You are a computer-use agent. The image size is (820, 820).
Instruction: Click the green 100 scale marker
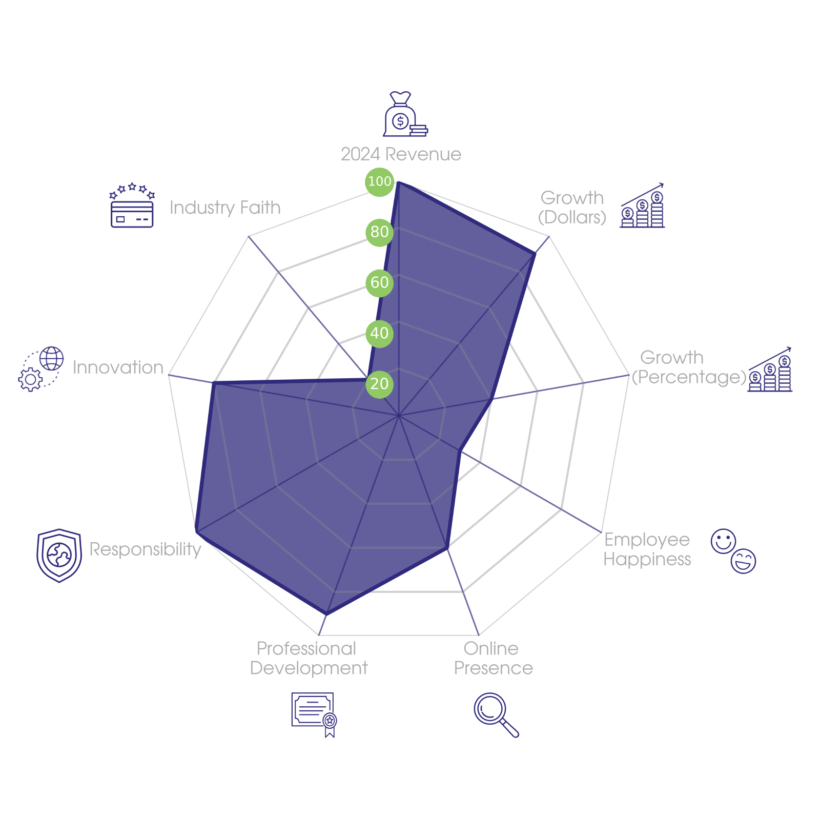379,181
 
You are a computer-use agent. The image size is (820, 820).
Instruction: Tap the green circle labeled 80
379,232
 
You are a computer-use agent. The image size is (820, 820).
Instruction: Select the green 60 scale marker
379,282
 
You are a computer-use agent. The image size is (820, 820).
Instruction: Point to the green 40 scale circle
379,333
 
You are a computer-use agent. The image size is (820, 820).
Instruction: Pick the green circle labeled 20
379,383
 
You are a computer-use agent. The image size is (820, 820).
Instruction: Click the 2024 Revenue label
401,154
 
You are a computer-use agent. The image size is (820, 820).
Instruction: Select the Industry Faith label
225,208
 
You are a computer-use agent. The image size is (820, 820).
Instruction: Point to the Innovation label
118,367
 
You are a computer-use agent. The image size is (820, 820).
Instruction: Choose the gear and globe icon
41,369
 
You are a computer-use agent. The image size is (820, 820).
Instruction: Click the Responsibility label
146,549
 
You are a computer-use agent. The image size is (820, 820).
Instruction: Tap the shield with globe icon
59,556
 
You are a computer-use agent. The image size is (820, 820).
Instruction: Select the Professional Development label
308,659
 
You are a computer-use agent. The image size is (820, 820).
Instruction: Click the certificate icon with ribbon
314,714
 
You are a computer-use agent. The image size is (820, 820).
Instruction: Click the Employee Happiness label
647,549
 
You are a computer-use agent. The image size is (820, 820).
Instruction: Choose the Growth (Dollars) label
572,208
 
